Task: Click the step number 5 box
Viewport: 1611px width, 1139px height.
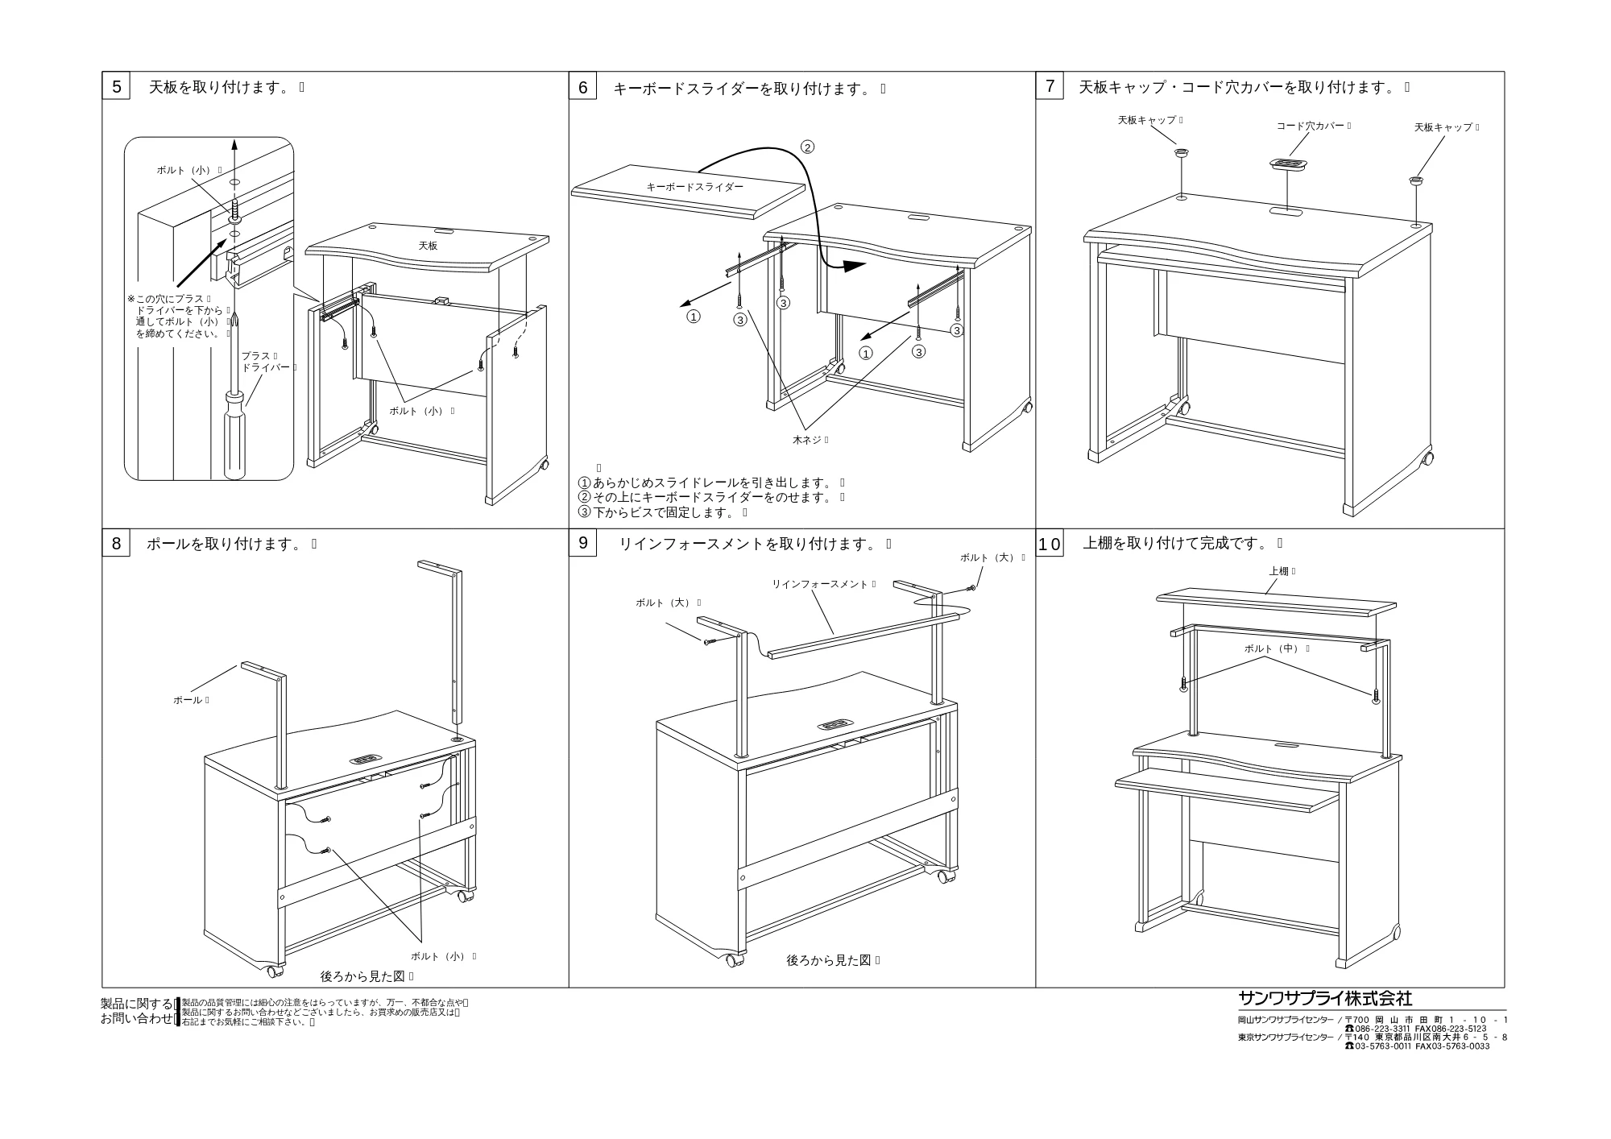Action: pos(116,86)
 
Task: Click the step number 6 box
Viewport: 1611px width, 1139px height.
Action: pos(583,87)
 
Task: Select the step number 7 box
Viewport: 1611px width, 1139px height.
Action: pos(1050,86)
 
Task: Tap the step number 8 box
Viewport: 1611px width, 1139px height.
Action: pos(116,544)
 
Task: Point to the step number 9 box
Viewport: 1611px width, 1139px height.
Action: pos(583,543)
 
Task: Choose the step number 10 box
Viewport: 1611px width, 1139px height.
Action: pos(1050,544)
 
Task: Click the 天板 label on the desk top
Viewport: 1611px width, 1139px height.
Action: pos(428,246)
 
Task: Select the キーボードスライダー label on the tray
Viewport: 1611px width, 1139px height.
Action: pos(695,187)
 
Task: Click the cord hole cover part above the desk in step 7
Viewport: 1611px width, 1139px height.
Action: pos(1289,164)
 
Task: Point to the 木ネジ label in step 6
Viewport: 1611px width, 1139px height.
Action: pos(807,440)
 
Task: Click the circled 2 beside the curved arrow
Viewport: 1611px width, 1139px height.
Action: pos(807,147)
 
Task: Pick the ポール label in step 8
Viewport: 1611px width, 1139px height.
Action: pos(188,700)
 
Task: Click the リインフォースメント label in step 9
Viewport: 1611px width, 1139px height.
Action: pos(820,584)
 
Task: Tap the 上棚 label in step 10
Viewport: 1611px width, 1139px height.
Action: pos(1278,571)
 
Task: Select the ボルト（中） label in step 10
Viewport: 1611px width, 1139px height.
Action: pos(1273,648)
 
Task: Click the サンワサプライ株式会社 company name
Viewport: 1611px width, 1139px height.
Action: pos(1325,998)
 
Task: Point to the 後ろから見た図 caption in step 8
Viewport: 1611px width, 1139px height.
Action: pos(362,976)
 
